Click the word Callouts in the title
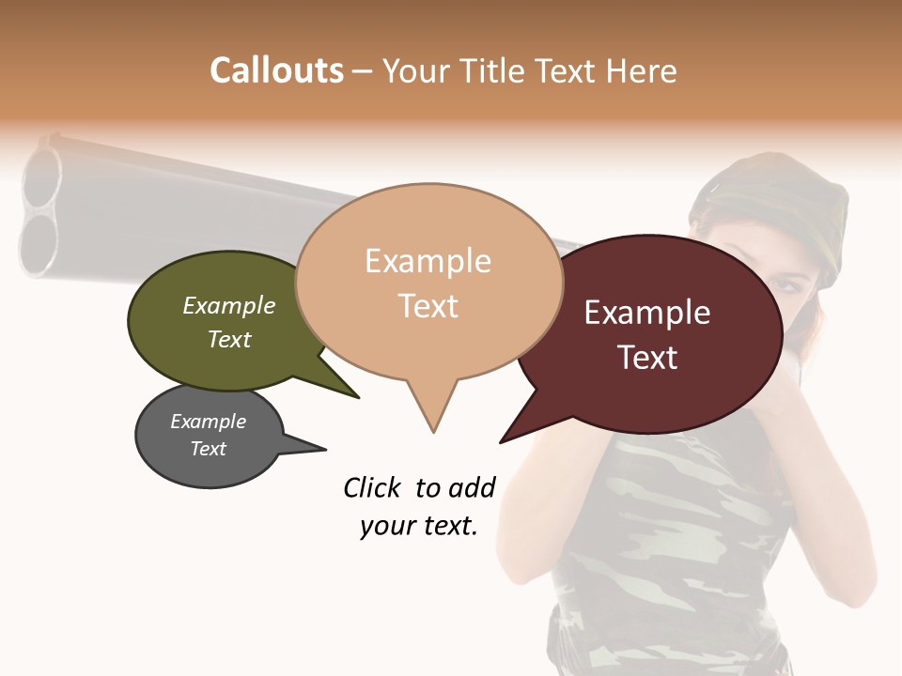[276, 70]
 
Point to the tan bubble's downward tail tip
[433, 431]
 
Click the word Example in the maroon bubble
[647, 313]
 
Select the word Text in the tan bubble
[428, 306]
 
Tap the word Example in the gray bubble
[208, 422]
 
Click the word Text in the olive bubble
[228, 339]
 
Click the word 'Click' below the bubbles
[373, 487]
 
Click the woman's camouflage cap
[770, 202]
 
